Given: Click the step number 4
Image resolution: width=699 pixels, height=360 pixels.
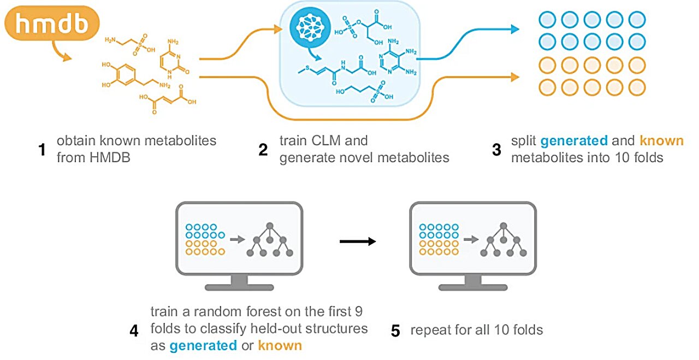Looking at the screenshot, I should (134, 331).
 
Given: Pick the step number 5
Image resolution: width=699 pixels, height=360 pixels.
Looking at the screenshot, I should (396, 331).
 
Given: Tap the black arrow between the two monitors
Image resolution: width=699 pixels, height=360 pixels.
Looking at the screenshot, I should (358, 241).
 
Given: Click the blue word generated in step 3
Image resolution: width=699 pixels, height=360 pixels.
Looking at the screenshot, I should (573, 140).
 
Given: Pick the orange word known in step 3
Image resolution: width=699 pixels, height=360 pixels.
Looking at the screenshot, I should (661, 140).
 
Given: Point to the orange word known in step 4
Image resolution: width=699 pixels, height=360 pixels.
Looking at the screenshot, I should (280, 345).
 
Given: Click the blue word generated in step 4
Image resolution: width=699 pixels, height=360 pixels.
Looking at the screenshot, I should (203, 345).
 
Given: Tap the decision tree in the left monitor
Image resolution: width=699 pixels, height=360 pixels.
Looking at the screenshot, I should (270, 240).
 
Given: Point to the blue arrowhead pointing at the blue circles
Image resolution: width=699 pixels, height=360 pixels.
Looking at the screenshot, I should (514, 29).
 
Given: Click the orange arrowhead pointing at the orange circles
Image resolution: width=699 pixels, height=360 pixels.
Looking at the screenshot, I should (514, 78).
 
